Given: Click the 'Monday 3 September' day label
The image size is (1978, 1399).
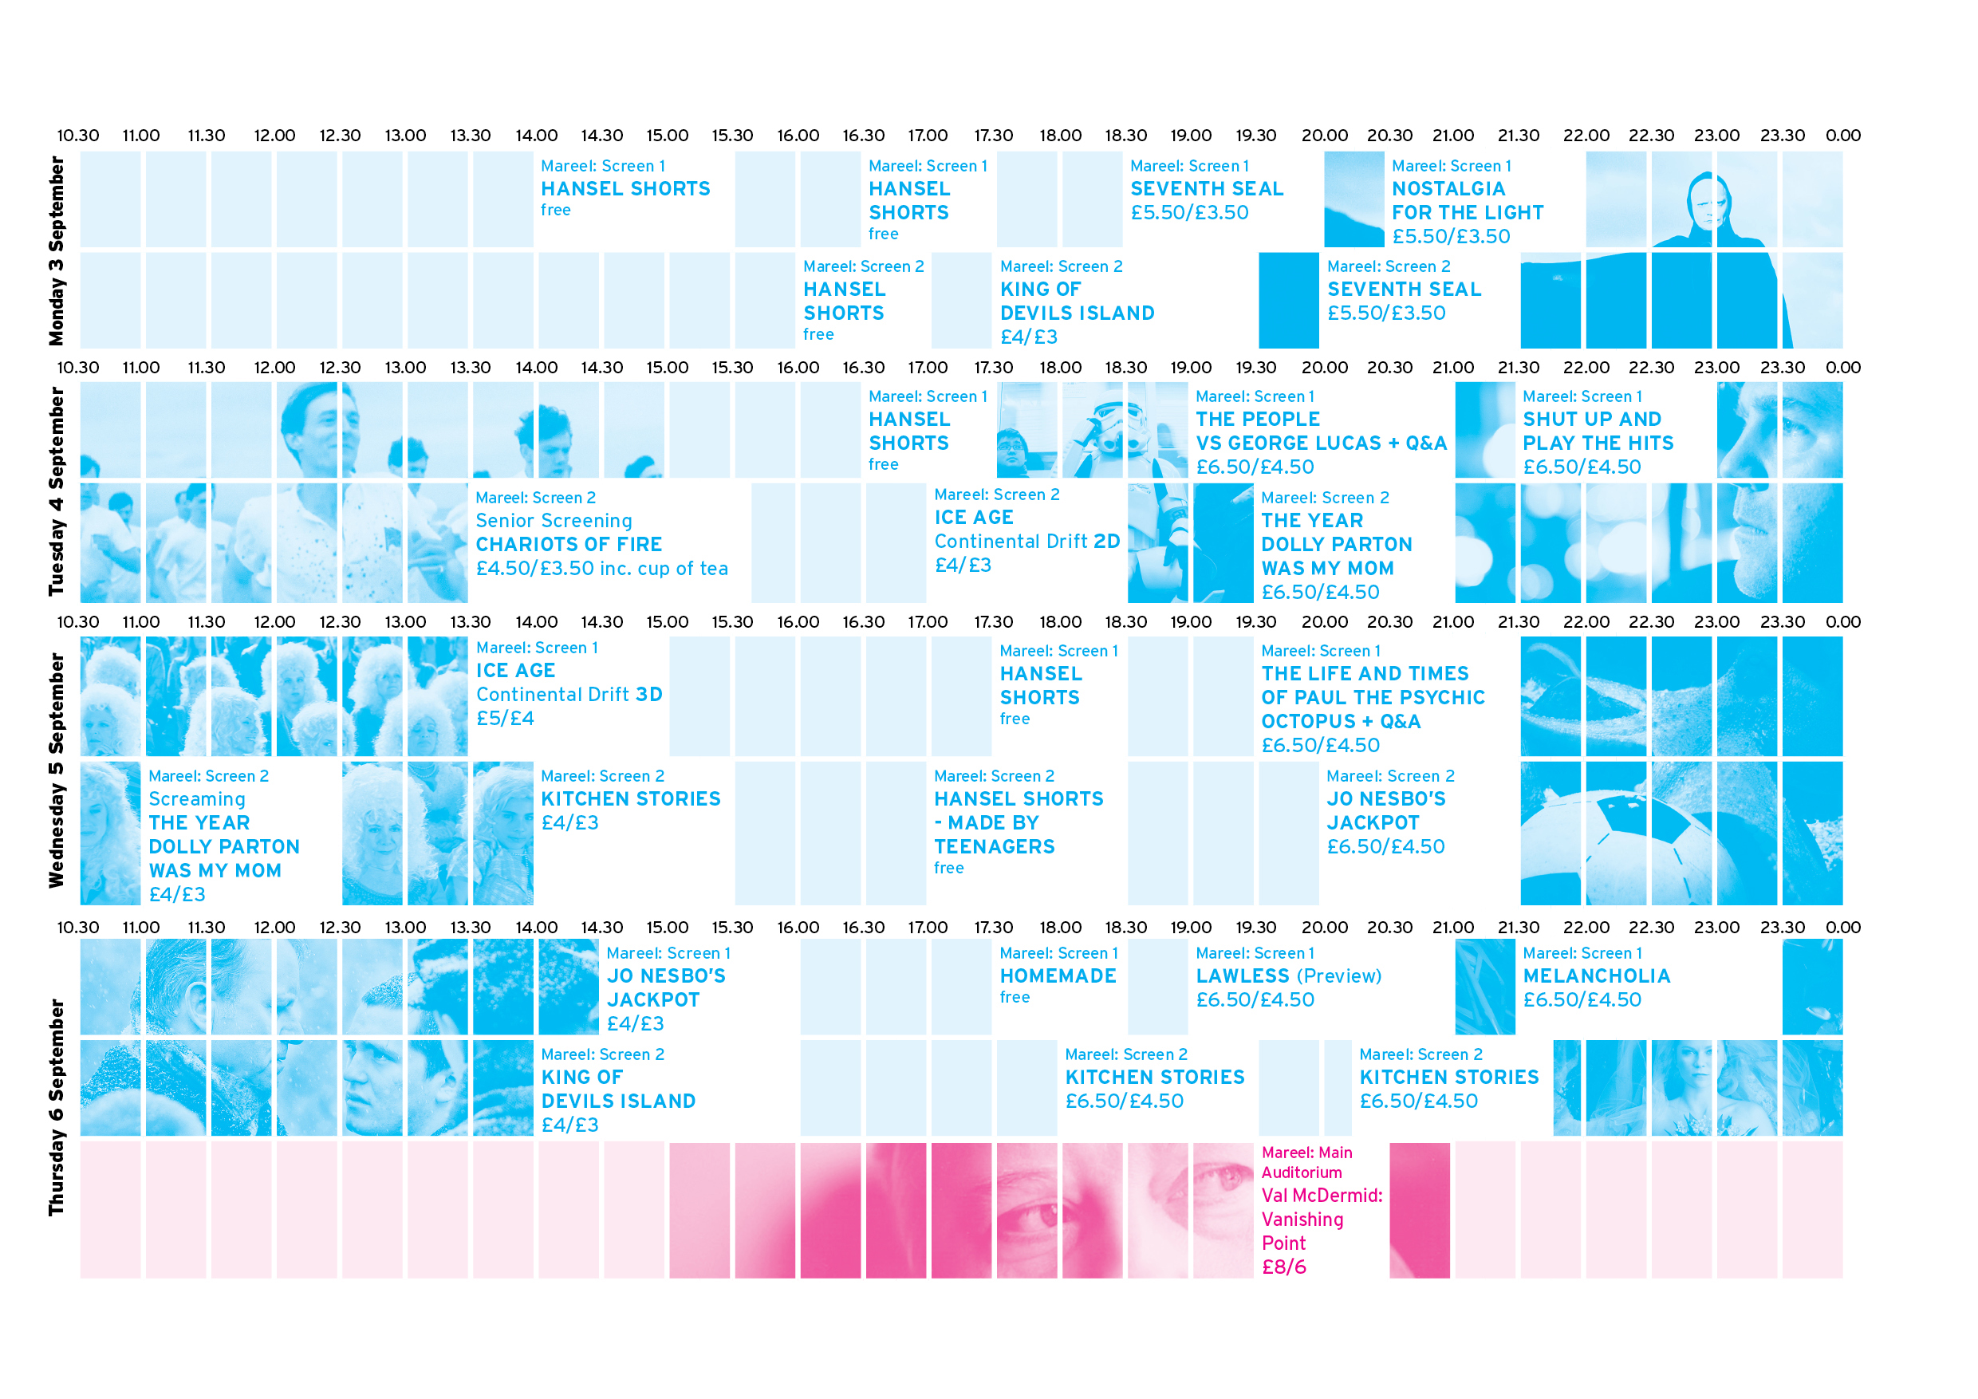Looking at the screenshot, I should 57,250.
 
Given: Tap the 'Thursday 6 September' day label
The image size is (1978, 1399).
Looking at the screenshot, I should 57,1107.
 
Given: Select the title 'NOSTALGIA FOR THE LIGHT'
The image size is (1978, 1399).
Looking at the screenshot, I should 1467,201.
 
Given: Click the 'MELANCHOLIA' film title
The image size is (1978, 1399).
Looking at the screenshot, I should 1596,976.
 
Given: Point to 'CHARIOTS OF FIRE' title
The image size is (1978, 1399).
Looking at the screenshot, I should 569,545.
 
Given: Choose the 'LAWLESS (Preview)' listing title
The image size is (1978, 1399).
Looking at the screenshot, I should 1288,976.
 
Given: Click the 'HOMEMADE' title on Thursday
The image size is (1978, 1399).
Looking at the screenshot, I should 1058,976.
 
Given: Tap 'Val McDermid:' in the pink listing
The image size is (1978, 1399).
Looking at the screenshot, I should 1322,1196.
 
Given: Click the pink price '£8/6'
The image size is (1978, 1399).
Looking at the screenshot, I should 1283,1267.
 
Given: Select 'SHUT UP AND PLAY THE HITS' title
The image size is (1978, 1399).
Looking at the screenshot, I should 1598,432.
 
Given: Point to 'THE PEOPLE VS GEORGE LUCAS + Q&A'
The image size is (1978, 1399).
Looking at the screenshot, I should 1321,432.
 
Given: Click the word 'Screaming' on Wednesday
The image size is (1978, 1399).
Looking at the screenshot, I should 196,799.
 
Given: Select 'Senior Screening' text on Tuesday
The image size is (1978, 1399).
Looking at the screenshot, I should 554,521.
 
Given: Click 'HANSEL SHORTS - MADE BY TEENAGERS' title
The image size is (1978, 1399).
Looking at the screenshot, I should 1019,822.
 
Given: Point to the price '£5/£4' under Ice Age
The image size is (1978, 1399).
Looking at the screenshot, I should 505,719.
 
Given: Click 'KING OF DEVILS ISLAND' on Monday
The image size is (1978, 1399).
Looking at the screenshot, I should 1077,301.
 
